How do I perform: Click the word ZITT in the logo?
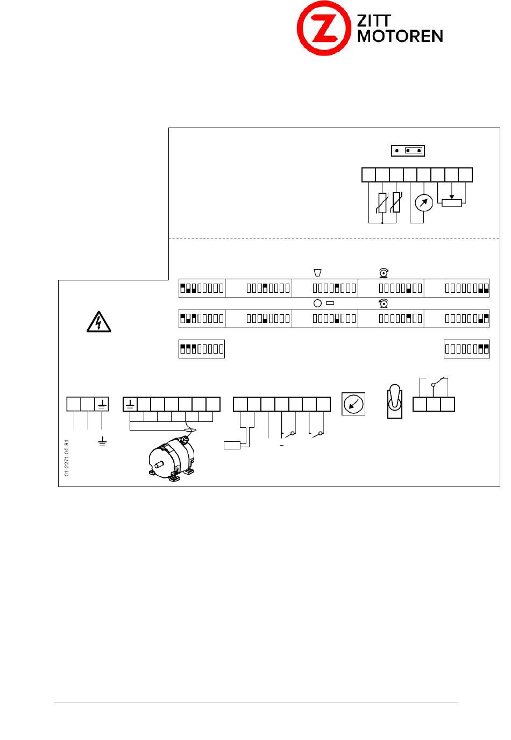[x=374, y=21]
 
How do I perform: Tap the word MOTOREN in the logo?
[x=400, y=36]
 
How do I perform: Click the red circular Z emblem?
[x=323, y=28]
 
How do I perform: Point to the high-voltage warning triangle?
[x=98, y=321]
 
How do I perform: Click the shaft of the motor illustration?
[x=159, y=464]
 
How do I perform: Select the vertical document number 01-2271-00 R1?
[x=67, y=457]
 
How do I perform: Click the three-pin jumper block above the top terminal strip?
[x=408, y=151]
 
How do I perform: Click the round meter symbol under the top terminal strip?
[x=423, y=203]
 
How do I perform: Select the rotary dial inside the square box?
[x=353, y=404]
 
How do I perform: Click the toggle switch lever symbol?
[x=394, y=401]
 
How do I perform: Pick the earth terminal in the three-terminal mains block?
[x=102, y=404]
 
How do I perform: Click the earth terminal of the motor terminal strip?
[x=130, y=404]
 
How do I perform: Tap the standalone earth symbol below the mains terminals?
[x=102, y=441]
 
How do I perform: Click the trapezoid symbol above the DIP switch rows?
[x=317, y=272]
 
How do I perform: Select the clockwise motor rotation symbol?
[x=383, y=273]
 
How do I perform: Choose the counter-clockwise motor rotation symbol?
[x=383, y=304]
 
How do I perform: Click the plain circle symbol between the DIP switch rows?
[x=317, y=303]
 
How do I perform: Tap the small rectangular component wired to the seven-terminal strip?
[x=232, y=445]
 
